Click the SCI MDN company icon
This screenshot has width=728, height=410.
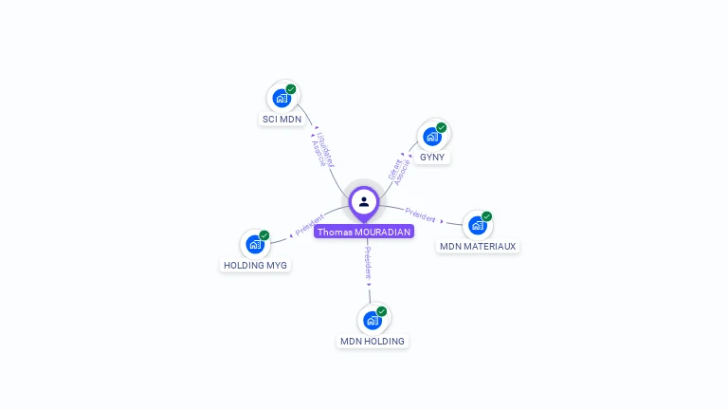pyautogui.click(x=282, y=97)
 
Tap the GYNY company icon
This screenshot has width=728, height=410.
pyautogui.click(x=432, y=136)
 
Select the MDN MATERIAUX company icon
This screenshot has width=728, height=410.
pyautogui.click(x=477, y=225)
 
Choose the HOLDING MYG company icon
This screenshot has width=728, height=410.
pyautogui.click(x=254, y=244)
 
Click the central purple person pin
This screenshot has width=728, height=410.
pyautogui.click(x=364, y=202)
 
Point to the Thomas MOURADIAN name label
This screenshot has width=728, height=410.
pyautogui.click(x=364, y=232)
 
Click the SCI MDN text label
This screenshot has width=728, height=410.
pyautogui.click(x=282, y=120)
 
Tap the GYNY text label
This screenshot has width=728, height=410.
pyautogui.click(x=432, y=158)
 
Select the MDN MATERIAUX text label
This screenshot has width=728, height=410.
pyautogui.click(x=478, y=247)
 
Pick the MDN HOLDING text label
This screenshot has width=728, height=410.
pyautogui.click(x=373, y=342)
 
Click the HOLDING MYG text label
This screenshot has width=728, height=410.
pyautogui.click(x=255, y=266)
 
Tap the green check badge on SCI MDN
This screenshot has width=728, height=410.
pyautogui.click(x=291, y=89)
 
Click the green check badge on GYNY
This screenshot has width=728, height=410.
pyautogui.click(x=442, y=127)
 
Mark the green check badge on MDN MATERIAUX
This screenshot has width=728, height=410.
pyautogui.click(x=487, y=216)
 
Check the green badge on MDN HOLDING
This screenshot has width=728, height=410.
pyautogui.click(x=382, y=311)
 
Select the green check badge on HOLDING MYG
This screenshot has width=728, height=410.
pyautogui.click(x=264, y=235)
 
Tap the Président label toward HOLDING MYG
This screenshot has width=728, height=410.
pyautogui.click(x=310, y=224)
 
